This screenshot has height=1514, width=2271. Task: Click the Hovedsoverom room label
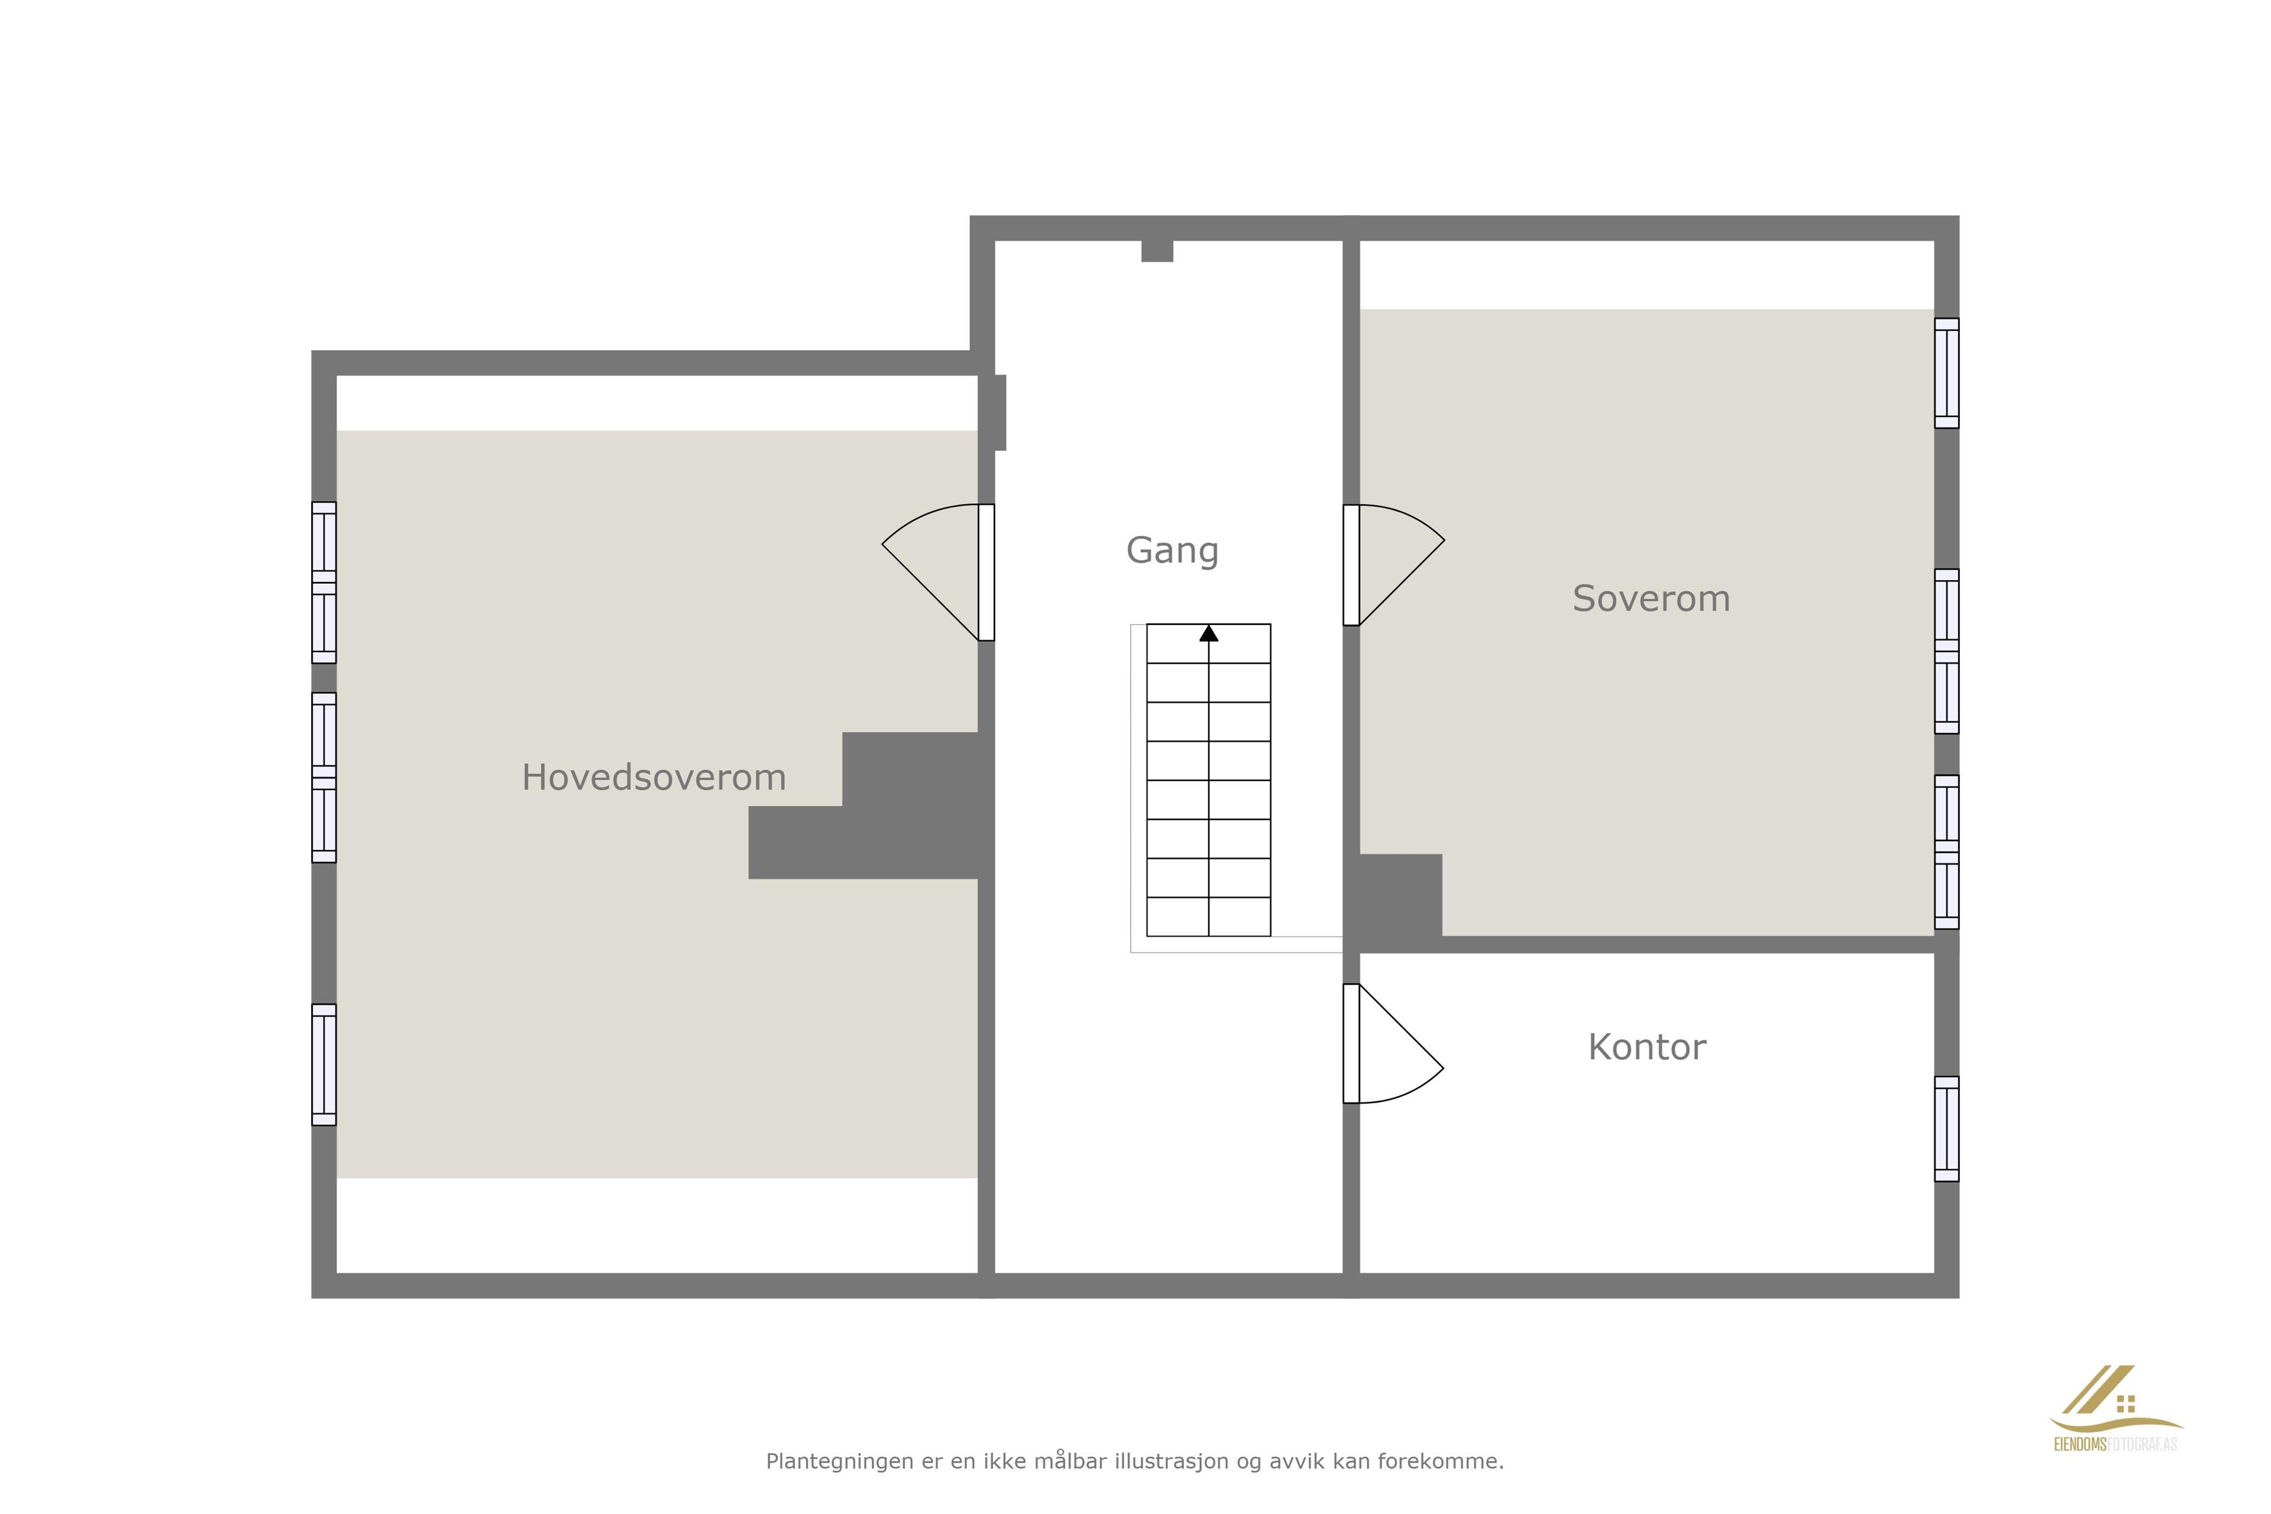coord(654,777)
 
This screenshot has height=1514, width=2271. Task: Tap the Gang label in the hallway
coord(1172,551)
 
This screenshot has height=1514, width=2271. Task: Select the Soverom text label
coord(1651,599)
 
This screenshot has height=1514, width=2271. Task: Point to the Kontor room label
coord(1647,1047)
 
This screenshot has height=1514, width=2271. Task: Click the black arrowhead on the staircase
coord(1209,633)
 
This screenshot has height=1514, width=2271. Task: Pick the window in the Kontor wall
coord(1946,1129)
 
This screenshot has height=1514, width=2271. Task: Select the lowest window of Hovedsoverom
coord(323,1065)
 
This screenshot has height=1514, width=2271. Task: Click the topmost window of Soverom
coord(1946,373)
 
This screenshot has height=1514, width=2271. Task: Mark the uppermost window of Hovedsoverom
coord(323,582)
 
